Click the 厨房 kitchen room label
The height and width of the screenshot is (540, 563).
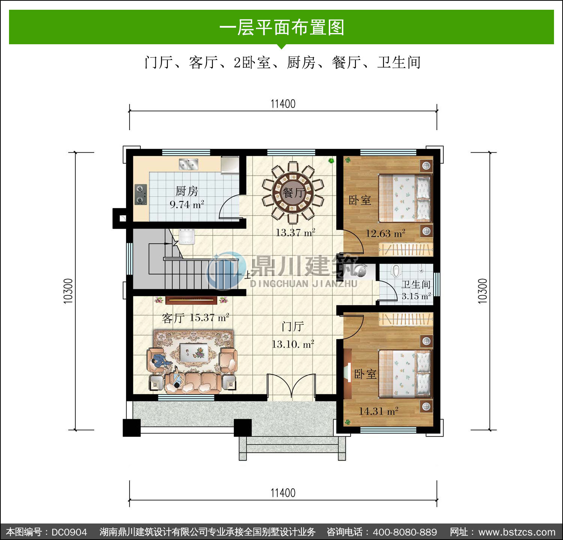click(187, 191)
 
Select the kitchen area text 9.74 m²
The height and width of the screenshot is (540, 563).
click(187, 205)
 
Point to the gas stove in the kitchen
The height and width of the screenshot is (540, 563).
click(141, 195)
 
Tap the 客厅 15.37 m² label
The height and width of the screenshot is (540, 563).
click(195, 318)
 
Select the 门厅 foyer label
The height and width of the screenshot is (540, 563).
click(293, 326)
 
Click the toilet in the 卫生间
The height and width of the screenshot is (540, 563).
click(396, 271)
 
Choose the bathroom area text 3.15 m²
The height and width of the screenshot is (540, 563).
click(416, 296)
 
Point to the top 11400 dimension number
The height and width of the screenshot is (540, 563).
click(283, 104)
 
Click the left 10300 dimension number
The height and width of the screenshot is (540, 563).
click(68, 291)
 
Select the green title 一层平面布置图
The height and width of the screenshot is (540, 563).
click(281, 27)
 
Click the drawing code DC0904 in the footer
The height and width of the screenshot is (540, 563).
click(69, 532)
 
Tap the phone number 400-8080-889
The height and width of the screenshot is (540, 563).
click(405, 532)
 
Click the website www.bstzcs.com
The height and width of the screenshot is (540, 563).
click(517, 532)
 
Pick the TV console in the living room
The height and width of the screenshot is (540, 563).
click(191, 300)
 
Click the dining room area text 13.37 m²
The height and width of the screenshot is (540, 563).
click(295, 233)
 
